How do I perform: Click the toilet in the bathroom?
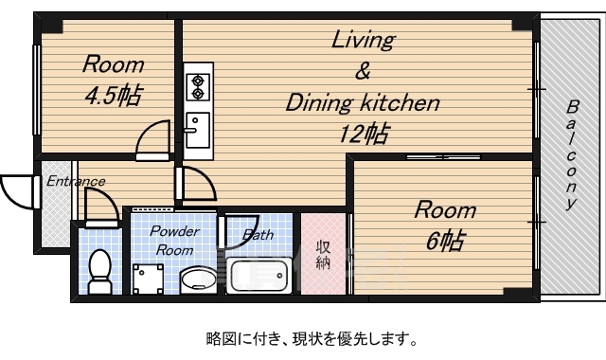(x=98, y=272)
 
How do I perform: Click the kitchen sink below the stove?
(x=198, y=128)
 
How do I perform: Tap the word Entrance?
(x=75, y=180)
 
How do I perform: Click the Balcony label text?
(x=572, y=156)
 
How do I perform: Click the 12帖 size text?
(x=363, y=133)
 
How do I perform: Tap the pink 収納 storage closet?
(x=323, y=255)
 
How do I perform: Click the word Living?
(x=363, y=40)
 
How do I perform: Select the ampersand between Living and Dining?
(x=363, y=71)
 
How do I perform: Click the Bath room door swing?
(x=233, y=232)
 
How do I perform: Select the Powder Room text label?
(x=174, y=241)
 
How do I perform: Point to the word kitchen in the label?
(x=402, y=103)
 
